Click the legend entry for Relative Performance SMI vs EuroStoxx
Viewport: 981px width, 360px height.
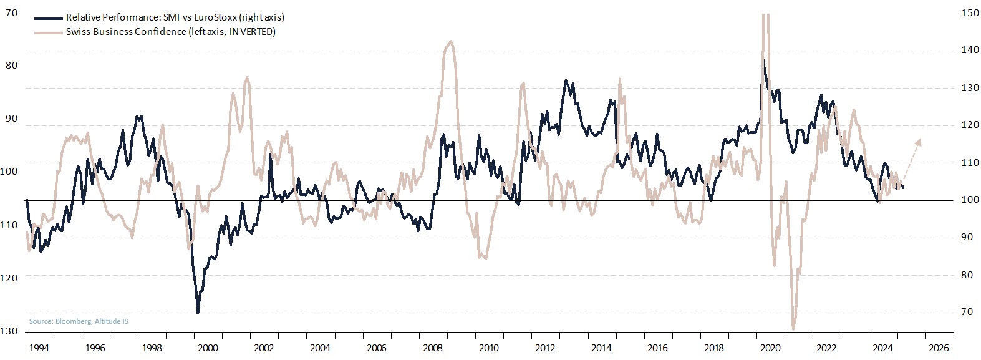click(x=175, y=17)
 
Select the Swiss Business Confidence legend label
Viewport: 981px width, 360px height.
click(x=170, y=31)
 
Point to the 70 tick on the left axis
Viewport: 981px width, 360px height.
click(x=11, y=12)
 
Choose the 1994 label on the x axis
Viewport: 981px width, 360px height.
click(x=39, y=348)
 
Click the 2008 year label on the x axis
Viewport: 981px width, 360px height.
click(x=432, y=348)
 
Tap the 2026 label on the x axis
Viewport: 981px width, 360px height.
click(x=939, y=348)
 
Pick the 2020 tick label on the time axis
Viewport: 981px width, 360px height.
click(x=770, y=348)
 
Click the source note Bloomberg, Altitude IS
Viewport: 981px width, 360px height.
click(x=79, y=321)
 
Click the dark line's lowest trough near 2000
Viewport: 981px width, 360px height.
click(x=198, y=313)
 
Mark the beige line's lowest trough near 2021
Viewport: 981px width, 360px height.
click(x=793, y=329)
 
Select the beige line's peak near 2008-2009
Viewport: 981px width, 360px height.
click(x=450, y=41)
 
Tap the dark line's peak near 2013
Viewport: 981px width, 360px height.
click(x=566, y=80)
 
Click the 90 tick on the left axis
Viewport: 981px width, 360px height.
click(x=11, y=119)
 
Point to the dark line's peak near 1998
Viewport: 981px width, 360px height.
click(x=138, y=115)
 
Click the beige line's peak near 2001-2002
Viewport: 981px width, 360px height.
click(x=247, y=77)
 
